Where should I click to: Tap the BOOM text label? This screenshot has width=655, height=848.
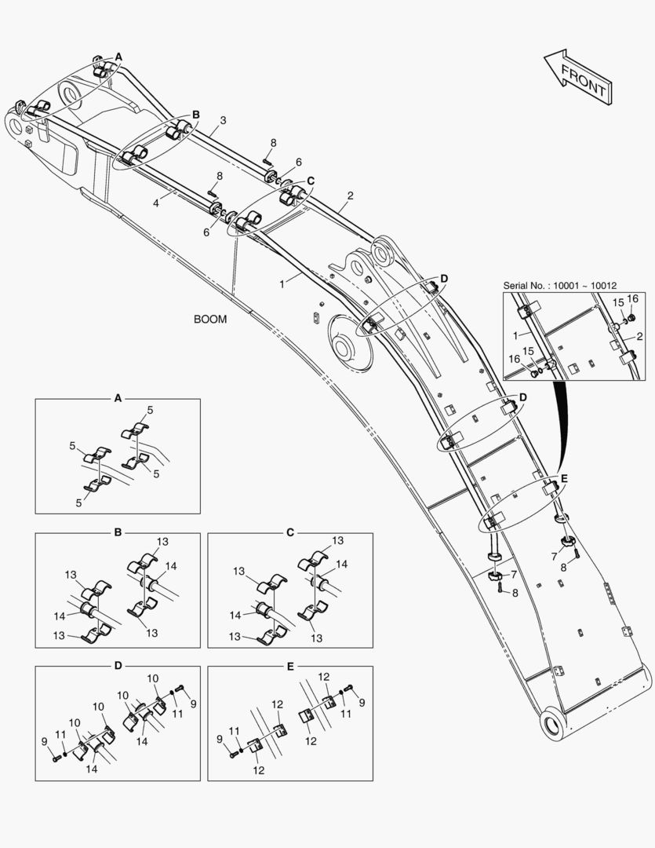[209, 320]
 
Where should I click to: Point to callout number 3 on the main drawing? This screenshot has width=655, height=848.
[223, 121]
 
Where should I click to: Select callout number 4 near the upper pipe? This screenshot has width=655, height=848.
[155, 203]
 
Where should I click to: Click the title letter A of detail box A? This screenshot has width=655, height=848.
[118, 399]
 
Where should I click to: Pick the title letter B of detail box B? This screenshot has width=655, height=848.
[118, 532]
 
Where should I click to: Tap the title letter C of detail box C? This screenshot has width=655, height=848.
[289, 532]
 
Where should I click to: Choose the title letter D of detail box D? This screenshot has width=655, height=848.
[118, 666]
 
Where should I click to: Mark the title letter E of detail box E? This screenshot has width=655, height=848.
[289, 666]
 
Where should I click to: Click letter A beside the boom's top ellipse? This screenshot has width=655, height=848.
[118, 57]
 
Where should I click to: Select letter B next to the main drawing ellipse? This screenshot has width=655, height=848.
[196, 115]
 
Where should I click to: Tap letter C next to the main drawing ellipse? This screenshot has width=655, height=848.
[311, 181]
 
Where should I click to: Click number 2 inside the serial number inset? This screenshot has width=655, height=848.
[640, 337]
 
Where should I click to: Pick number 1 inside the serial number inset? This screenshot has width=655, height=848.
[515, 335]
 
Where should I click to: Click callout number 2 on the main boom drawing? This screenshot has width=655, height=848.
[350, 196]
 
